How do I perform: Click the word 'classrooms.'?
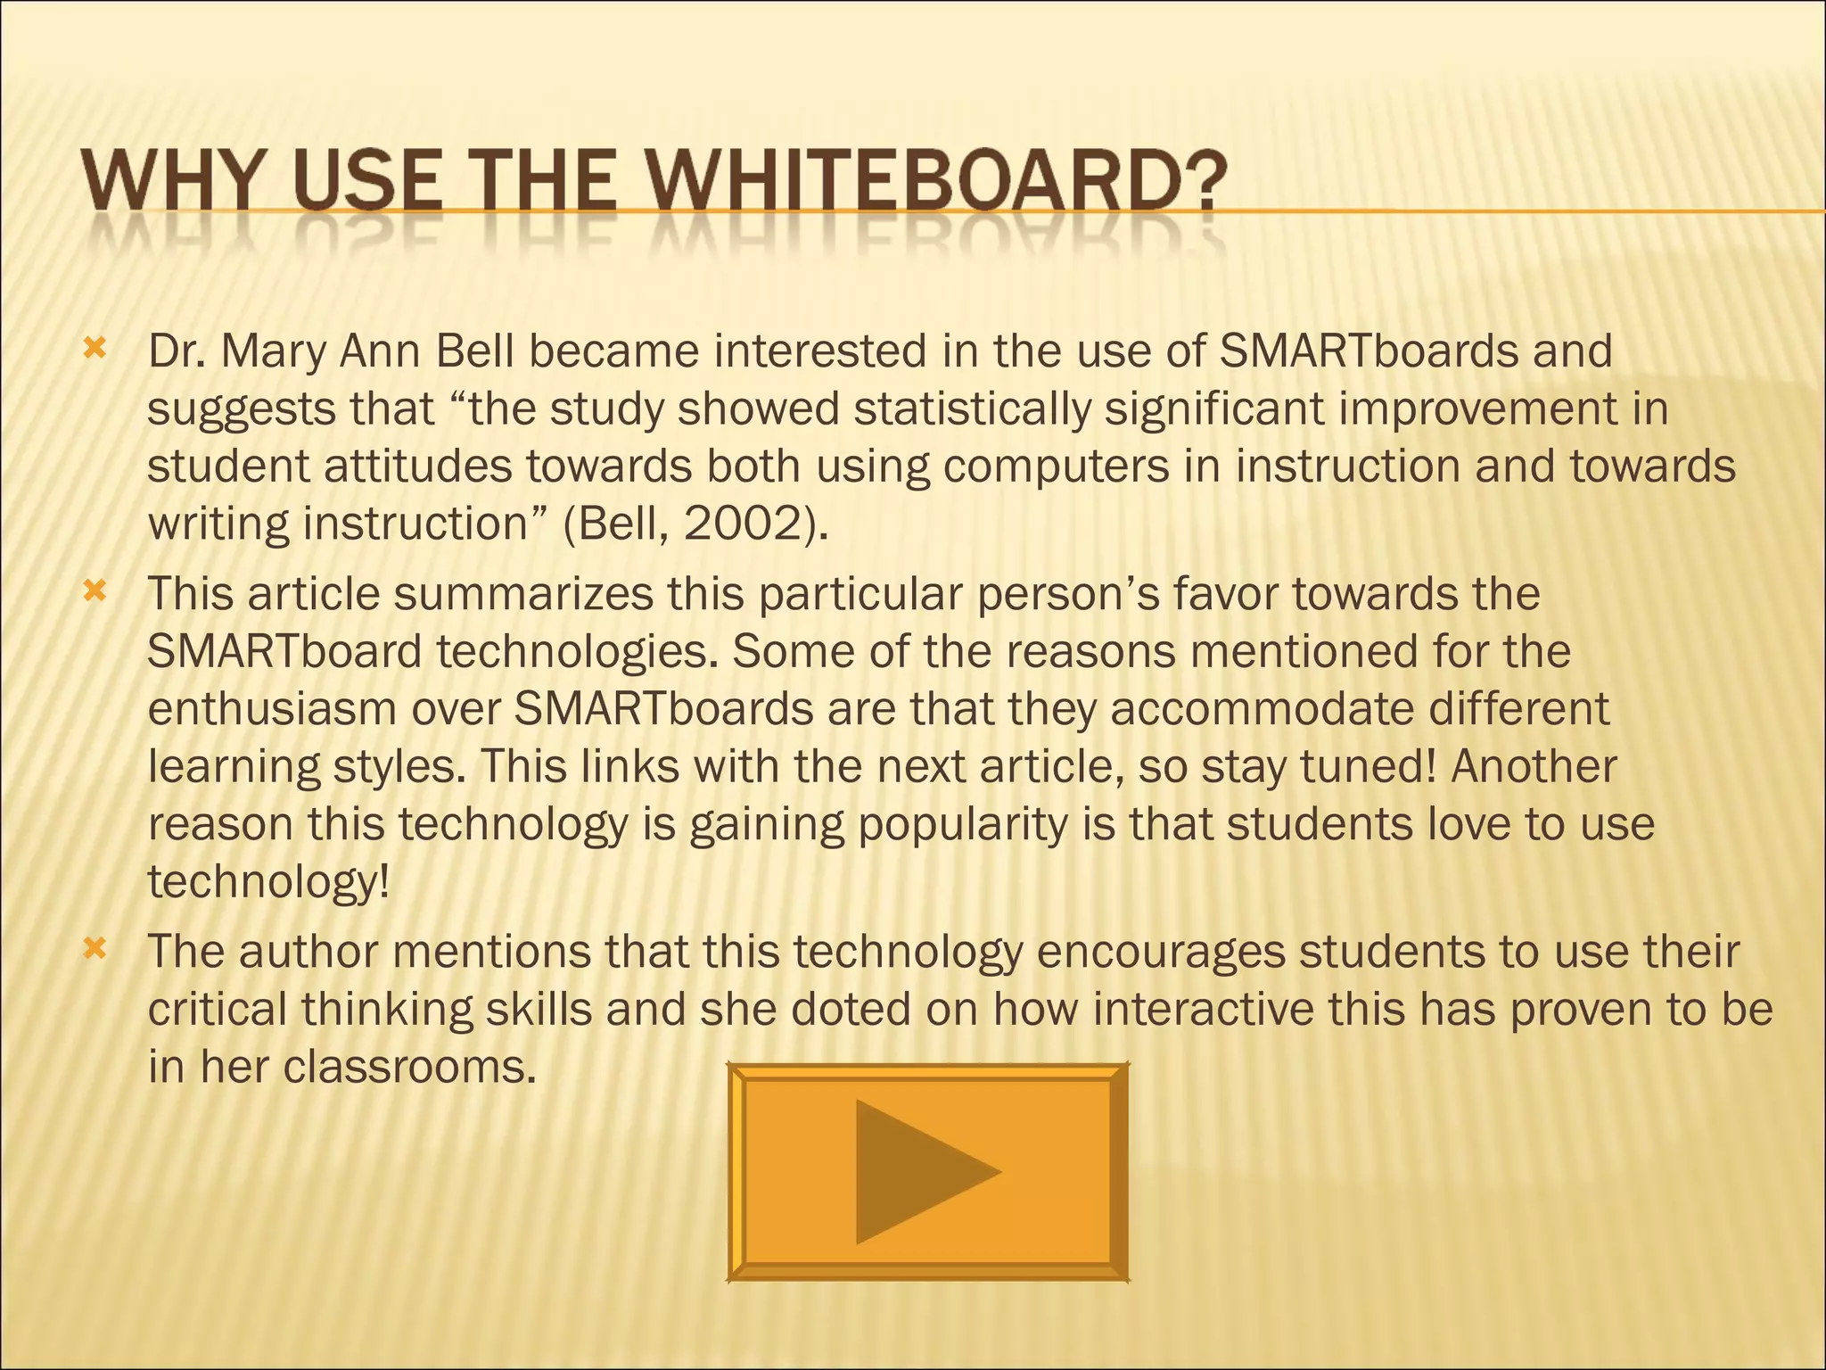[409, 1067]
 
